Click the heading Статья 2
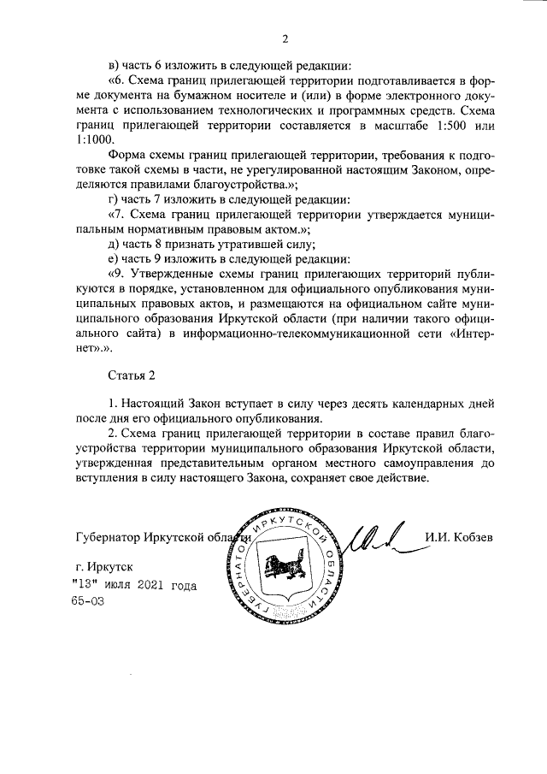134,375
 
